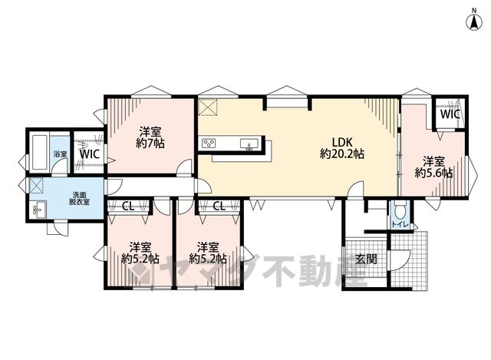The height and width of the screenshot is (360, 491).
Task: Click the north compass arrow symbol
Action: point(474,22)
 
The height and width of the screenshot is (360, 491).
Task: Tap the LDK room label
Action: point(342,142)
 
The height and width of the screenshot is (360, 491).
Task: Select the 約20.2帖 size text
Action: point(342,154)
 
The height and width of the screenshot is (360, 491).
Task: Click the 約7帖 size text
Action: point(150,143)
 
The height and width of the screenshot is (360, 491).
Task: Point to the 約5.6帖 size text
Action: point(433,173)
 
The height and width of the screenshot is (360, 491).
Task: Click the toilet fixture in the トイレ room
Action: point(400,212)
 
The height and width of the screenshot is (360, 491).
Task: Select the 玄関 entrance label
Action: point(366,259)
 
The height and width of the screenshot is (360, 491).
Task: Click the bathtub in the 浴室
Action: point(39,152)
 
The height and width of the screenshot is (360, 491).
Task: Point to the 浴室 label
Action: point(60,154)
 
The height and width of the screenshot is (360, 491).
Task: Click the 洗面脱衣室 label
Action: point(79,198)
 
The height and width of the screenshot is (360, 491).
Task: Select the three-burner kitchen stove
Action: point(209,144)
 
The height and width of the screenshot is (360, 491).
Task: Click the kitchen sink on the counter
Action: point(249,144)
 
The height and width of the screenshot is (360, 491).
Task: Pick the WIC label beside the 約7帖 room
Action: point(90,154)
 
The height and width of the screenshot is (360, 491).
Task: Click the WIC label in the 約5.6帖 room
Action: point(450,114)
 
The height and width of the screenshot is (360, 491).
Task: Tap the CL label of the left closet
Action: point(128,206)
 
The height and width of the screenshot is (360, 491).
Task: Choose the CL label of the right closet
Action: point(219,206)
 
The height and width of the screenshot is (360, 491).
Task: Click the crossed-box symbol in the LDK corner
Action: point(208,107)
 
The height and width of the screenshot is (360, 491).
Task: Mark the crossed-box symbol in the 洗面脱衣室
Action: point(36,185)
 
